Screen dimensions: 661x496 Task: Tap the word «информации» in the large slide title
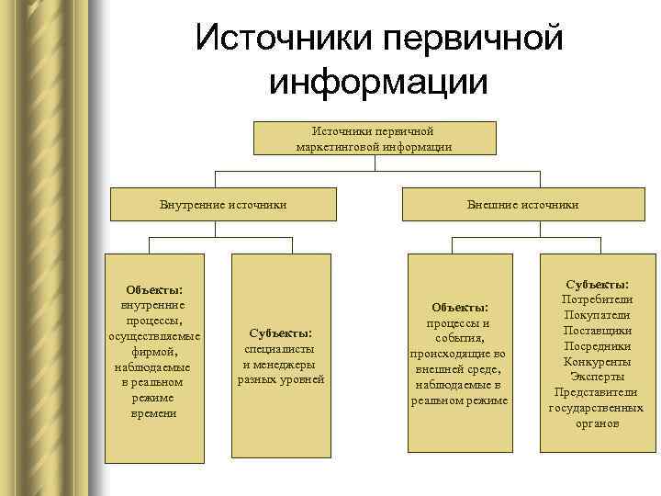coord(377,83)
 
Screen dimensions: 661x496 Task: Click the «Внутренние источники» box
coord(223,204)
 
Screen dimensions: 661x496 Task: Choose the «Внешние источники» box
coord(522,204)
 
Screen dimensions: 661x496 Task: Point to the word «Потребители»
coord(597,299)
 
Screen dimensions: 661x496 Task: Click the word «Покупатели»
coord(597,315)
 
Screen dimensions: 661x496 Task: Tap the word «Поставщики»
coord(597,331)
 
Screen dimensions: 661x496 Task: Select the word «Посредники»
coord(597,346)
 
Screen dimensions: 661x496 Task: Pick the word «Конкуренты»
coord(597,362)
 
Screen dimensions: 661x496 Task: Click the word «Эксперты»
coord(597,377)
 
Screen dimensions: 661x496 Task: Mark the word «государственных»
coord(597,408)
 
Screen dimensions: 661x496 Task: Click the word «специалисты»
coord(280,349)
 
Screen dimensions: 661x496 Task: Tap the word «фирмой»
coord(152,351)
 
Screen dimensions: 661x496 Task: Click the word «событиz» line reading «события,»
coord(459,338)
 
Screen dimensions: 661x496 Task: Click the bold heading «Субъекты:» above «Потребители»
coord(597,285)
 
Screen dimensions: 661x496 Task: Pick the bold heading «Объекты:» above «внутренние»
coord(152,289)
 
